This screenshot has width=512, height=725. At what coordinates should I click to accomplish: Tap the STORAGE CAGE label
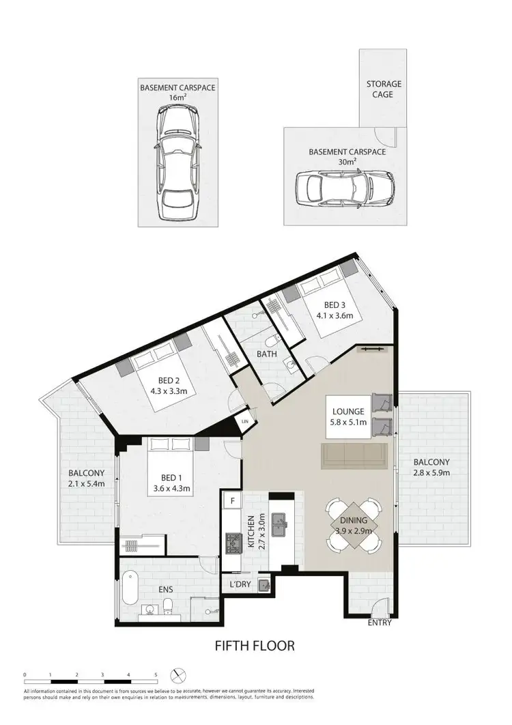click(x=384, y=89)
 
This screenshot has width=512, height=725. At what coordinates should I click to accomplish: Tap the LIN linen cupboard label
click(x=245, y=423)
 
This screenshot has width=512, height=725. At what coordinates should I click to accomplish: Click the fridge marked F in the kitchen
click(x=232, y=501)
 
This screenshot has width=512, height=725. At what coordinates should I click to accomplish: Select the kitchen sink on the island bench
click(x=281, y=526)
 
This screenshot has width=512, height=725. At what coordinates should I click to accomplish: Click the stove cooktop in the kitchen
click(x=230, y=544)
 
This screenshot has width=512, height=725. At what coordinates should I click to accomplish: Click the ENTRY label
click(x=380, y=623)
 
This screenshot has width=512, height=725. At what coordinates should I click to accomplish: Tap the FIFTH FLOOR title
click(x=255, y=645)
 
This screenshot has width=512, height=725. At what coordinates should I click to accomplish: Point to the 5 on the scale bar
click(x=156, y=674)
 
